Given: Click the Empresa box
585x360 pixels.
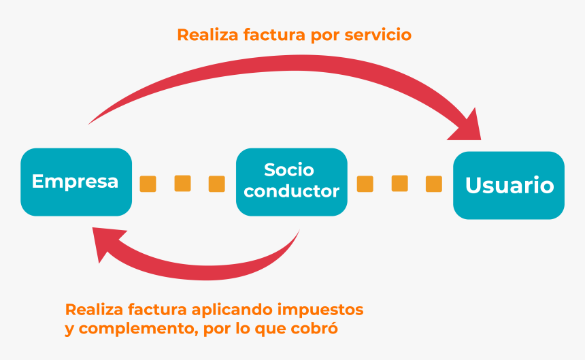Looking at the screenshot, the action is coord(76,182).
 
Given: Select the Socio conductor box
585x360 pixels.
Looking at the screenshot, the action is coord(292,182).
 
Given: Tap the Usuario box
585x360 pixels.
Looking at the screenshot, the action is coord(509,185).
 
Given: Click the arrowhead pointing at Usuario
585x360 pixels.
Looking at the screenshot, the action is coord(468,127).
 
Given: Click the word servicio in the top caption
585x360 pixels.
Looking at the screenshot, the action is coord(378,35).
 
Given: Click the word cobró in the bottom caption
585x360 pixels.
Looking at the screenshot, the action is coord(314,328).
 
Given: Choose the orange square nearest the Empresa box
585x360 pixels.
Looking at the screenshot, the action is coord(148,184).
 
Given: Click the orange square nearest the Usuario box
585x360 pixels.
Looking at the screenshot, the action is coord(434,184).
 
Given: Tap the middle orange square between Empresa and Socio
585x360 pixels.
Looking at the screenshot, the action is coord(182,183).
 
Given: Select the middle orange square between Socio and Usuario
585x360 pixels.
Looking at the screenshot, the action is coord(399,183).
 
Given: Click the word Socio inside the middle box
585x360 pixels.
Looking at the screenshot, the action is coord(289,170).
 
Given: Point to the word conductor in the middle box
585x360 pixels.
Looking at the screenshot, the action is coord(291,191).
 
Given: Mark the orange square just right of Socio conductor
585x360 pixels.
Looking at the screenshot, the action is coord(365,184).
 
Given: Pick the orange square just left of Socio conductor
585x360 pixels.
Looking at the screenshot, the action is coord(217,184).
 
